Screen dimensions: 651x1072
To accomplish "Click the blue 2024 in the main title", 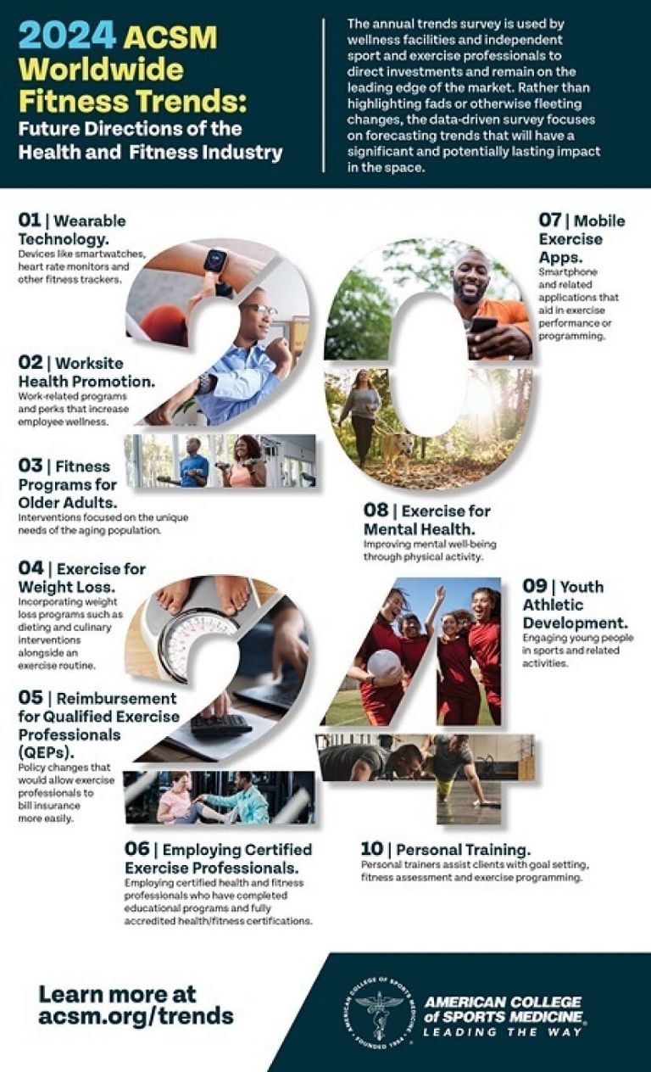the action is point(67,36).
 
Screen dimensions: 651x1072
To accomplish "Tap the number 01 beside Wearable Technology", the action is point(29,221).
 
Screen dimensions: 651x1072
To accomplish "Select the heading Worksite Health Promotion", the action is point(86,371).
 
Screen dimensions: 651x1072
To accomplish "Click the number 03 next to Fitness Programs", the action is point(31,465).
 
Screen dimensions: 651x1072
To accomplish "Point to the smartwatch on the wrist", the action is point(215,262).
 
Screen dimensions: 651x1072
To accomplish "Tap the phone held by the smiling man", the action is point(482,327).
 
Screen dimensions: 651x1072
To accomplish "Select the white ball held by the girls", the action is point(384,664).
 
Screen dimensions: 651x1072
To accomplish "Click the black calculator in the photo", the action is point(221,725).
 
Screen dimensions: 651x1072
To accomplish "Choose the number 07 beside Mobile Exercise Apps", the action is point(549,221).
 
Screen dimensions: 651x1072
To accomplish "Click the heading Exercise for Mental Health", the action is point(427,520).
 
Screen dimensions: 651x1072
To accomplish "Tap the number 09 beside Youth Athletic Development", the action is point(534,586).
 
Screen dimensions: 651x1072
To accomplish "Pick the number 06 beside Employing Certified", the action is point(136,849).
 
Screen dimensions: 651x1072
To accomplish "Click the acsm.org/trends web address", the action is point(136,1015).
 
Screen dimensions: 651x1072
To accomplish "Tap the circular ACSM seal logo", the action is point(380,1015).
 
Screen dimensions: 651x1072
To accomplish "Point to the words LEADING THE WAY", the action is point(502,1032).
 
